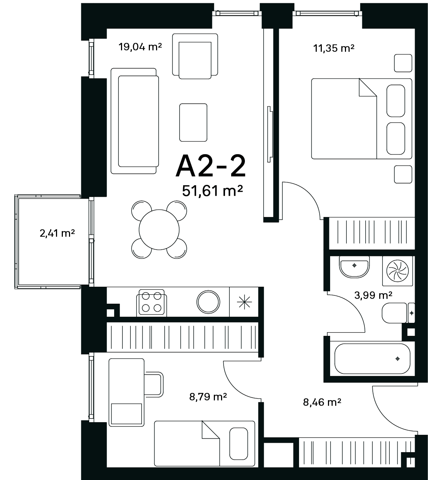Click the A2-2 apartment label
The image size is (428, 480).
click(x=211, y=166)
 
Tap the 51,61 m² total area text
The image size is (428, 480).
click(x=212, y=191)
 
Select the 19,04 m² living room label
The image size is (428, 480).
click(x=140, y=47)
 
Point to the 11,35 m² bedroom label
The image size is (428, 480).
click(x=334, y=48)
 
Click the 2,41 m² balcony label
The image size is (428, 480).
click(x=57, y=233)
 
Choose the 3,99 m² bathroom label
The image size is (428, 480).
click(x=373, y=295)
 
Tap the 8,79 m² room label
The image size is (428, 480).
click(x=208, y=397)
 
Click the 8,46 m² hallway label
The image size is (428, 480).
click(x=322, y=402)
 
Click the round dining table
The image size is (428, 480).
click(x=159, y=230)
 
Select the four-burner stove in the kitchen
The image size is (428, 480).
click(x=151, y=303)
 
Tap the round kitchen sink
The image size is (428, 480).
click(x=208, y=302)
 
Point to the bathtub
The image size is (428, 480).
click(x=372, y=359)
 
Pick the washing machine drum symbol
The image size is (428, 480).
click(x=397, y=271)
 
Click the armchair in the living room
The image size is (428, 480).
click(x=195, y=56)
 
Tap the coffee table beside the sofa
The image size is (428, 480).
click(x=193, y=122)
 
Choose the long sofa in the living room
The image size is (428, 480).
click(x=135, y=121)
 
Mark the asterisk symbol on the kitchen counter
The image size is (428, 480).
click(x=244, y=302)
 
